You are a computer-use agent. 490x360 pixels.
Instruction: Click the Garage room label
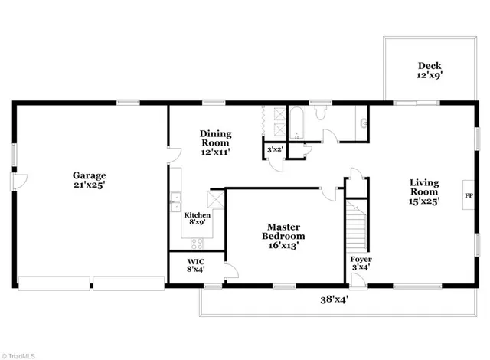pyautogui.click(x=90, y=180)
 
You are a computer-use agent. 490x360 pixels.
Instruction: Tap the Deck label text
pyautogui.click(x=429, y=70)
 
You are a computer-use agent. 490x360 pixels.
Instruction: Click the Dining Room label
pyautogui.click(x=215, y=142)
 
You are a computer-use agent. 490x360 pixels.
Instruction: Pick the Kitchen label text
pyautogui.click(x=197, y=219)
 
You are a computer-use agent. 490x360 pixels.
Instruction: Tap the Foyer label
pyautogui.click(x=361, y=263)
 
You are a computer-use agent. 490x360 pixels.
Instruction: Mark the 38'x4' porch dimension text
pyautogui.click(x=335, y=300)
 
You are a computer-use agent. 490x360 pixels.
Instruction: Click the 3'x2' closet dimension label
pyautogui.click(x=274, y=150)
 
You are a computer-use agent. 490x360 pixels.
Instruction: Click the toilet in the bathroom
pyautogui.click(x=321, y=115)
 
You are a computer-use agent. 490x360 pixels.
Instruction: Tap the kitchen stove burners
pyautogui.click(x=196, y=243)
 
